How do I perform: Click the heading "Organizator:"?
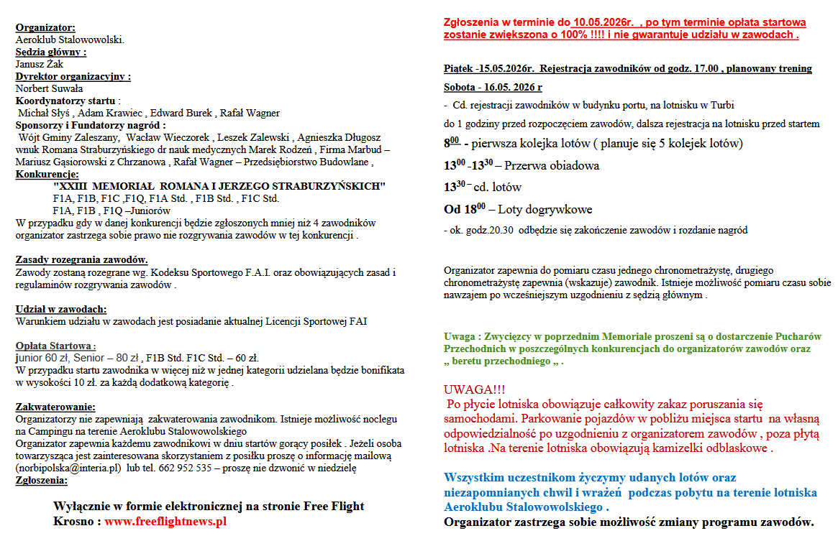(x=45, y=28)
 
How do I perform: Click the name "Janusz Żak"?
(x=40, y=64)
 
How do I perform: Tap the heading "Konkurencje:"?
(x=47, y=174)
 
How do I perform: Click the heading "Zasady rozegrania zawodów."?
(x=82, y=260)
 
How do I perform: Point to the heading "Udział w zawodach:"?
(x=61, y=309)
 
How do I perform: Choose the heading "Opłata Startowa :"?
(x=55, y=346)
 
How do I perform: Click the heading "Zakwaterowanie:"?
(x=55, y=407)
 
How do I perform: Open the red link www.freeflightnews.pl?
(x=165, y=522)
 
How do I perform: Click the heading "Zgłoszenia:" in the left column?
(x=42, y=481)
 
